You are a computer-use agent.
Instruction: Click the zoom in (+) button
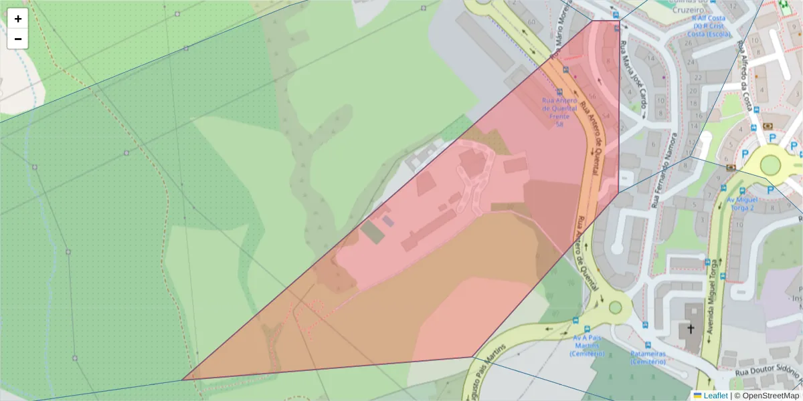click(18, 19)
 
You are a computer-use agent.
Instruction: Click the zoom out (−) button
click(18, 39)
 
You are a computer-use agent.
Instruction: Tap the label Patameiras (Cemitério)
click(648, 357)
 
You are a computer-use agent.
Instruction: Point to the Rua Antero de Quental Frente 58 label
click(559, 112)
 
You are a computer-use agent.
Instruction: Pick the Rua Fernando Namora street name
click(664, 170)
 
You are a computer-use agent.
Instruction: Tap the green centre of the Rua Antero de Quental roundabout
click(615, 308)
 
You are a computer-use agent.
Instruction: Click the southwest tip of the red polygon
click(183, 380)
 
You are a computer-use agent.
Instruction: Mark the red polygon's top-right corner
click(618, 21)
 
